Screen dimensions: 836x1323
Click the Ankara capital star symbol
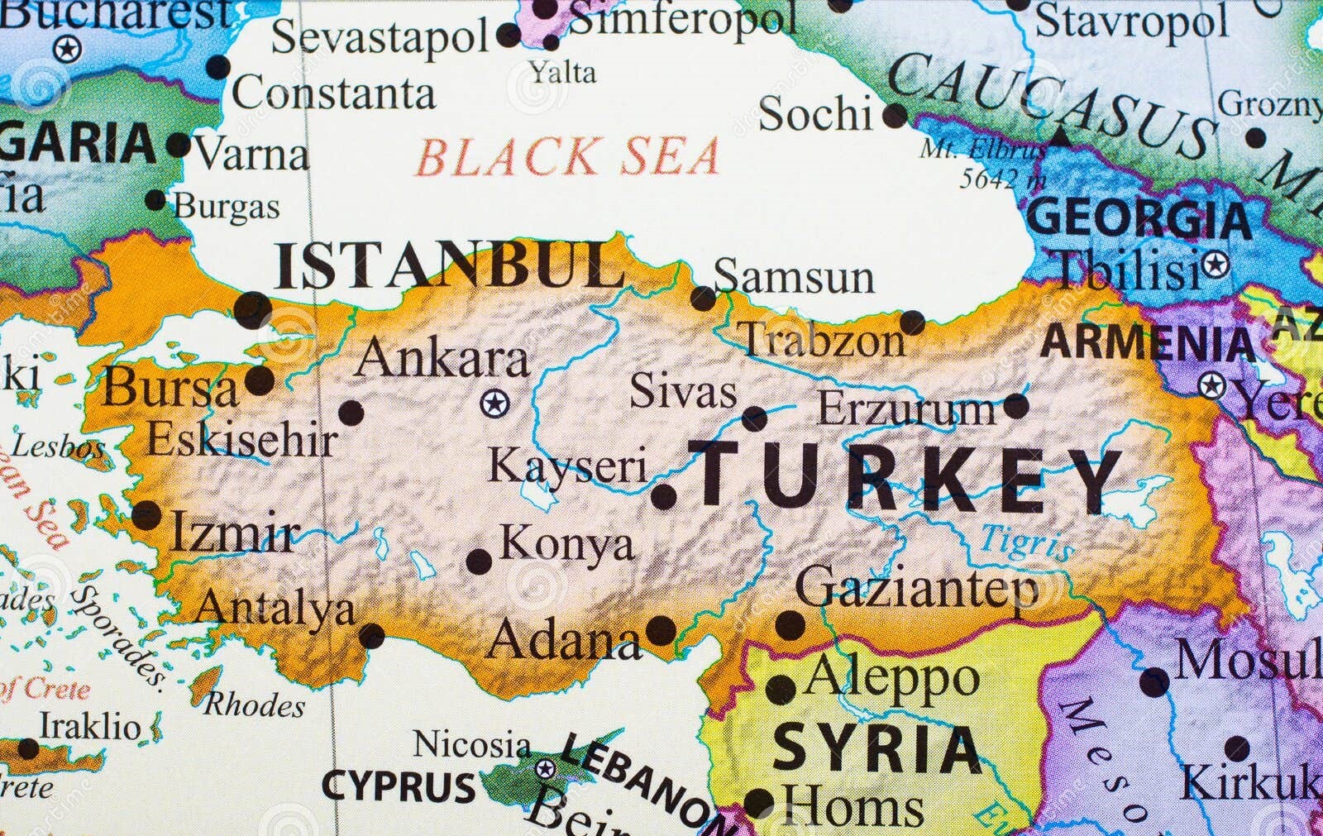tap(494, 404)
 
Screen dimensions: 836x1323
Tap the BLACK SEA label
tap(567, 157)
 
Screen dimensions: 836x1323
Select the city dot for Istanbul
tap(252, 310)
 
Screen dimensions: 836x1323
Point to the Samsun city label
tap(794, 276)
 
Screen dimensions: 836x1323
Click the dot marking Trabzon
tap(913, 322)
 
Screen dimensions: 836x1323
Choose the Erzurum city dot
tap(1016, 406)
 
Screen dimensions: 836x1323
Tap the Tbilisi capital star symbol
tap(1215, 265)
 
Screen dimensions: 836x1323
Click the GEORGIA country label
tap(1139, 219)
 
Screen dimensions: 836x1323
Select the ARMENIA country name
tap(1148, 342)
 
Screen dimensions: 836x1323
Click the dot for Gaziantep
tap(790, 625)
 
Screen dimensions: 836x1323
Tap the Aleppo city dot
tap(781, 689)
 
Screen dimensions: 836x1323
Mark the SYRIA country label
tap(877, 748)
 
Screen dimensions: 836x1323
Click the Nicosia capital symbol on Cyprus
tap(545, 769)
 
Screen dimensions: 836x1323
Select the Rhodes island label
tap(254, 705)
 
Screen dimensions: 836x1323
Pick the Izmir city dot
tap(146, 515)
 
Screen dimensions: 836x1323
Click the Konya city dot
tap(479, 561)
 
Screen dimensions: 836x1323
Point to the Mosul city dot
tap(1154, 683)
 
